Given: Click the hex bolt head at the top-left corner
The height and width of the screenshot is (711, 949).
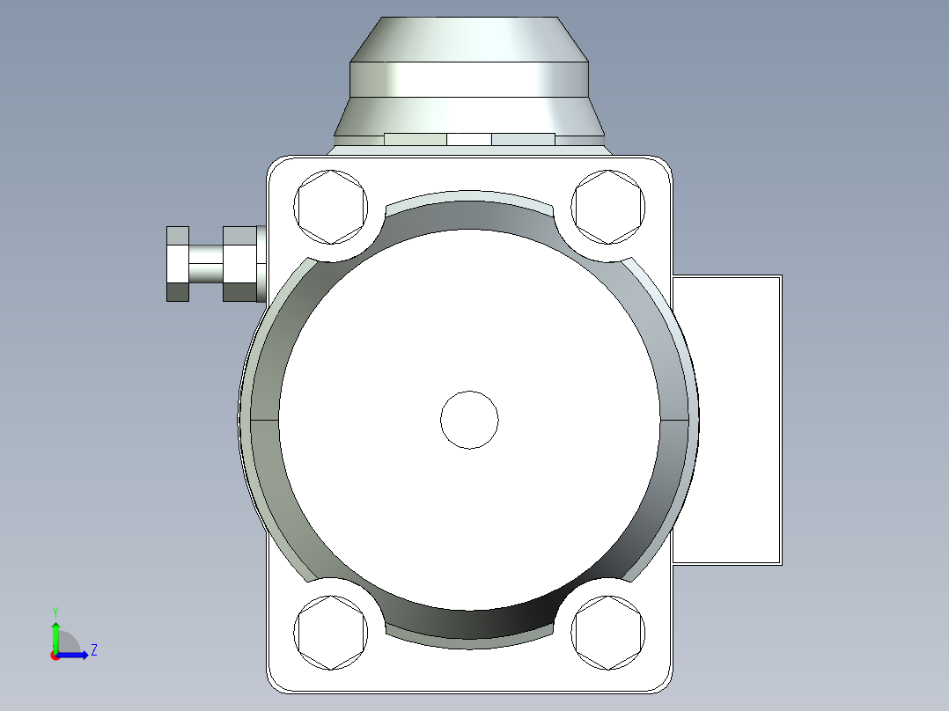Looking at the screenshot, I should point(331,208).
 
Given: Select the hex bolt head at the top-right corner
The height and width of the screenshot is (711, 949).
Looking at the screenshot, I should point(607,208).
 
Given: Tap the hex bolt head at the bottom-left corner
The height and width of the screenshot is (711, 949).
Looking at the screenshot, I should point(331,633).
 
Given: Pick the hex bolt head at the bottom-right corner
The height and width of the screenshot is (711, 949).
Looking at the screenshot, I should point(607,633).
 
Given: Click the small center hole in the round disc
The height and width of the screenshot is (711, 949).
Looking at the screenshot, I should point(469,420).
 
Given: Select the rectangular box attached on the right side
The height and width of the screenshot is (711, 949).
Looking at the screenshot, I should point(727,420).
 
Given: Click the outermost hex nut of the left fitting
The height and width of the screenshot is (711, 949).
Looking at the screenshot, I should point(178,263).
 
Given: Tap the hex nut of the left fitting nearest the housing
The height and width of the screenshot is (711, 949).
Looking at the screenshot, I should point(239,263).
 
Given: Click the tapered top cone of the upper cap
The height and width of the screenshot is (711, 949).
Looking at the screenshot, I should point(469,39).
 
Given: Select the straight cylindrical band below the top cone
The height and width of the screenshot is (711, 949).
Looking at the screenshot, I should point(469,79).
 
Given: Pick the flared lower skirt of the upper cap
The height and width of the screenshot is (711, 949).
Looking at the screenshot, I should point(469,114).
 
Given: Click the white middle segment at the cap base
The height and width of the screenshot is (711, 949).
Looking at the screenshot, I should point(469,139).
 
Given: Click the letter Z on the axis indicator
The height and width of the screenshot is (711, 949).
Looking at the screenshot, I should point(94,650).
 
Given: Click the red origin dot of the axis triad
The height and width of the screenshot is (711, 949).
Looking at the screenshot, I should point(55,656).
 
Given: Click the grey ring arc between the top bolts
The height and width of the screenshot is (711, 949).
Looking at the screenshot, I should point(469,211).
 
